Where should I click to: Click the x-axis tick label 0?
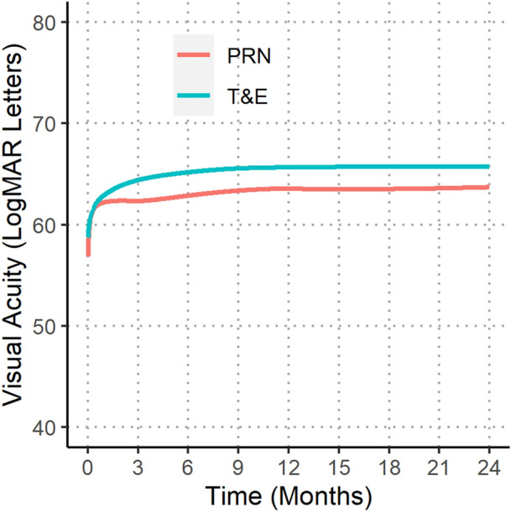(x=88, y=466)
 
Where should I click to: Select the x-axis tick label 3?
(x=138, y=466)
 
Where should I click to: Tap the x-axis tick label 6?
(x=188, y=466)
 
